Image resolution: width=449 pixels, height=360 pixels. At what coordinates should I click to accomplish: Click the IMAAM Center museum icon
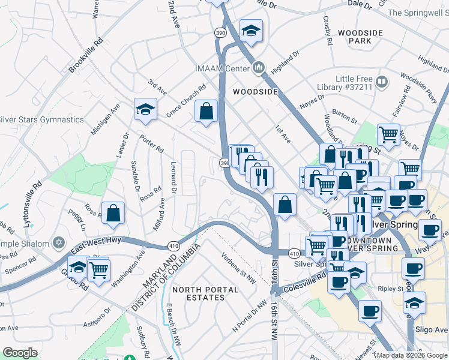pyautogui.click(x=259, y=68)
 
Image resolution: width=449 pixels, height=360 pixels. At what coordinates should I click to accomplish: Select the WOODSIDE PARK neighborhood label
pyautogui.click(x=361, y=37)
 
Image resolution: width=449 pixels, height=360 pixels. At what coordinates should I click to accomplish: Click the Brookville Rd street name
pyautogui.click(x=86, y=56)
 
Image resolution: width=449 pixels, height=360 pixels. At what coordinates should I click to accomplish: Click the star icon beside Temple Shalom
pyautogui.click(x=58, y=243)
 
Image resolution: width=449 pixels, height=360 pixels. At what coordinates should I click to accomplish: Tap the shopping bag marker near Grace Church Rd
pyautogui.click(x=206, y=112)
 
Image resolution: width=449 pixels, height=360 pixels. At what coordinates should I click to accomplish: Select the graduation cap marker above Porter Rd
pyautogui.click(x=145, y=110)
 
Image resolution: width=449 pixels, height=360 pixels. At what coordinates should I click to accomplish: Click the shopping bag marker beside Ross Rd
pyautogui.click(x=113, y=213)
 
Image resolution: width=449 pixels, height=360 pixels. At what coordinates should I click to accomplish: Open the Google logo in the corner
pyautogui.click(x=20, y=353)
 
